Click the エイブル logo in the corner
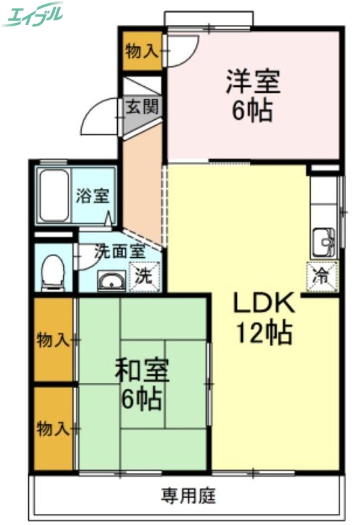click(33, 14)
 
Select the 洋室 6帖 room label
click(253, 95)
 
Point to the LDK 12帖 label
click(263, 318)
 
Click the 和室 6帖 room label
click(142, 385)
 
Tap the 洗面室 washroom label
click(118, 251)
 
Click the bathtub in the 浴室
click(53, 195)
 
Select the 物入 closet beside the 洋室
click(140, 51)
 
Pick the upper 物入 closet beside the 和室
click(53, 340)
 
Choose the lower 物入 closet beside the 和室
click(53, 429)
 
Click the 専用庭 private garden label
click(189, 495)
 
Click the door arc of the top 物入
click(183, 50)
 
